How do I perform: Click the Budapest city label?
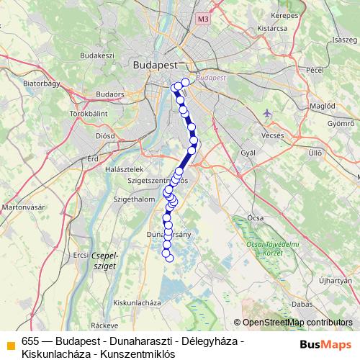pyautogui.click(x=155, y=64)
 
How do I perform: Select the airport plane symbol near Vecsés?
pyautogui.click(x=269, y=113)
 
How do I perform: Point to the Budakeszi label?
pyautogui.click(x=97, y=55)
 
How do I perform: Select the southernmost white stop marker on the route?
pyautogui.click(x=170, y=258)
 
